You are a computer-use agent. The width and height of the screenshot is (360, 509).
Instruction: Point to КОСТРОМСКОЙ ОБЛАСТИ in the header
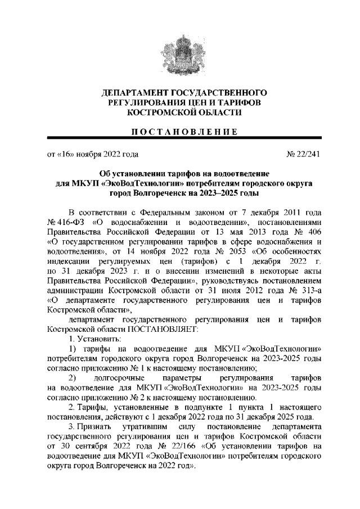click(180, 112)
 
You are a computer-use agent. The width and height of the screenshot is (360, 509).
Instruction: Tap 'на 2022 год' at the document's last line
click(173, 466)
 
